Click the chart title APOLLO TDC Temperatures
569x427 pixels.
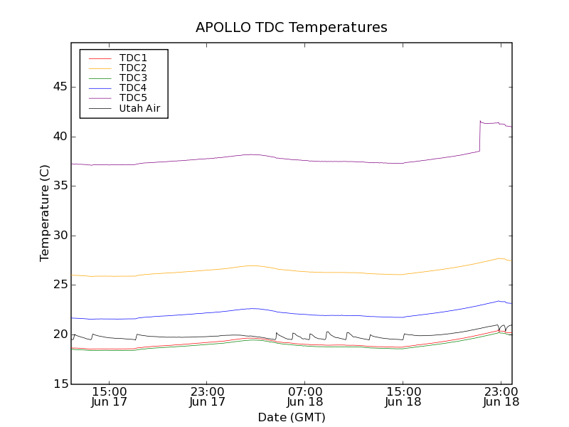(292, 28)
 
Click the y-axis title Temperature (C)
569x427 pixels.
(44, 213)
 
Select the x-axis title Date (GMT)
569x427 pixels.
(292, 417)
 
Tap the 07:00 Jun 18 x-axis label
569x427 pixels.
(305, 396)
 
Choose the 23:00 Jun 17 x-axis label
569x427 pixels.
(208, 396)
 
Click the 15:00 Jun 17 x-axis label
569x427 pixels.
(110, 396)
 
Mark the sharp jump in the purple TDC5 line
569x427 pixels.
(480, 136)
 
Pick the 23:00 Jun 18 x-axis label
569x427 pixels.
(501, 396)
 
